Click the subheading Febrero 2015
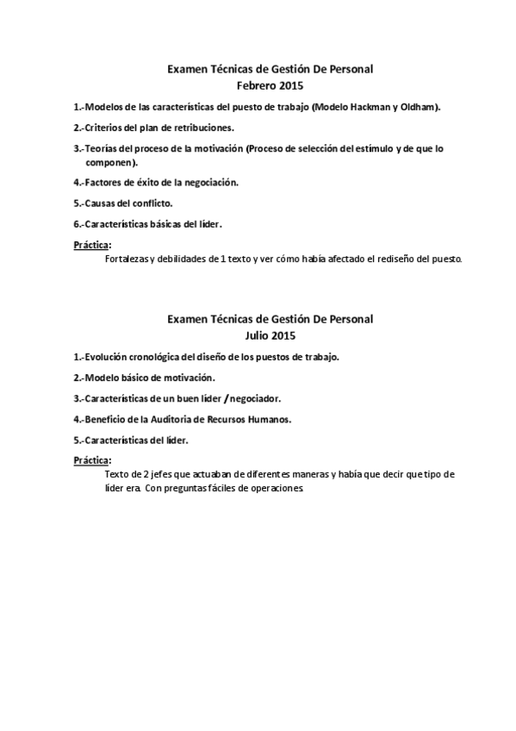pyautogui.click(x=270, y=85)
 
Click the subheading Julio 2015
pyautogui.click(x=270, y=334)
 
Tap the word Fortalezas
pyautogui.click(x=126, y=258)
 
